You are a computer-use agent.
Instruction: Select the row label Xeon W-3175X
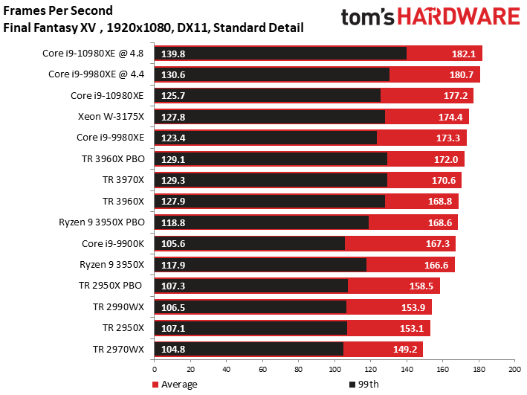tap(111, 116)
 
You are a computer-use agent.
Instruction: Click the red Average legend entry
tap(175, 385)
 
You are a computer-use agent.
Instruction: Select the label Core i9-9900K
tap(113, 243)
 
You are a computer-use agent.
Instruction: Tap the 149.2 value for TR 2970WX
tap(404, 349)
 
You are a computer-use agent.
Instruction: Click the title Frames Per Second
tap(59, 11)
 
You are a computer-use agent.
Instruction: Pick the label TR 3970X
tap(123, 179)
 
